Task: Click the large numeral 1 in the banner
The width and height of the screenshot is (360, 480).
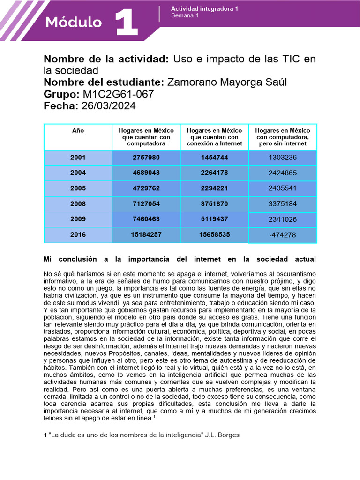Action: [126, 22]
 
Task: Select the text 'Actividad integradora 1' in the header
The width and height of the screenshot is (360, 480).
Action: [204, 9]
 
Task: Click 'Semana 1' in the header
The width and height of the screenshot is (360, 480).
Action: [185, 15]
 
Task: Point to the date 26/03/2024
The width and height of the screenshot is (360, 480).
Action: [109, 106]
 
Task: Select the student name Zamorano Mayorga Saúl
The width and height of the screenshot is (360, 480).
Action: [227, 82]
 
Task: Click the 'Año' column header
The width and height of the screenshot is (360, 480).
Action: [78, 130]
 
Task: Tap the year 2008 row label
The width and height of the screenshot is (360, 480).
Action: [78, 203]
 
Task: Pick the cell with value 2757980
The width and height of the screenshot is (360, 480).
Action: [146, 157]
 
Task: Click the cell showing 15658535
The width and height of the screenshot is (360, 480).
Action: [215, 234]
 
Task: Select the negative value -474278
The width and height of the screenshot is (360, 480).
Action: [283, 235]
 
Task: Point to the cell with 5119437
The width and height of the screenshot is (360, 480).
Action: [215, 219]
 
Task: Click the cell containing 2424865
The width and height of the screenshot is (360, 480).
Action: [283, 173]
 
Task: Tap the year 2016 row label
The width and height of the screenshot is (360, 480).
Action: [78, 234]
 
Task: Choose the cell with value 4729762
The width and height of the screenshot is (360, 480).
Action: [146, 188]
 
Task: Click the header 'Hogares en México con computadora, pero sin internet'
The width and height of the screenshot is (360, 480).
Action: [283, 137]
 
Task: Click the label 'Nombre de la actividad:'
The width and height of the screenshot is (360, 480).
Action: [106, 59]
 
